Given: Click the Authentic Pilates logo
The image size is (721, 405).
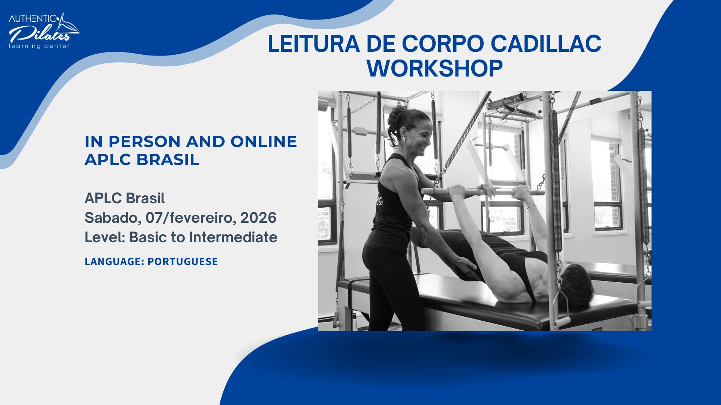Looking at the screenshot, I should [x=43, y=30].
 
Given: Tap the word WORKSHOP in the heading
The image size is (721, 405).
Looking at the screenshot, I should [x=434, y=68].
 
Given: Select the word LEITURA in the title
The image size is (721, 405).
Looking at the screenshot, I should [x=313, y=44].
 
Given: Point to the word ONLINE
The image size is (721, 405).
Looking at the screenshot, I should [x=264, y=142].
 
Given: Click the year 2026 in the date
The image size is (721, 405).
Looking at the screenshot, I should [x=258, y=218].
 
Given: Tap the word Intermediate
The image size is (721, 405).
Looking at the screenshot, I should [x=233, y=237].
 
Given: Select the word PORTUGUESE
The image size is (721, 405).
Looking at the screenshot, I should [x=183, y=262].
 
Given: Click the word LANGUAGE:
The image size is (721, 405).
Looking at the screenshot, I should [x=114, y=262].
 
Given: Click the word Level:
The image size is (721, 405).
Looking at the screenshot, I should [x=105, y=237].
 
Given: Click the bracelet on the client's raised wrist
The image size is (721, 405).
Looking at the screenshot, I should [x=531, y=206].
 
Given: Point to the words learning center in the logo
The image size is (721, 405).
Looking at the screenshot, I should [x=39, y=46].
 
